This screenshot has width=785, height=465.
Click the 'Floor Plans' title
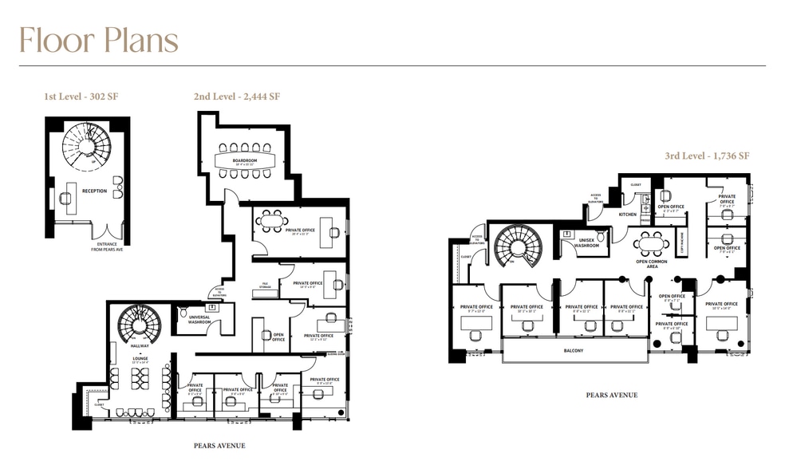(99, 40)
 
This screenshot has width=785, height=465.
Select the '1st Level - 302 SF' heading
(81, 97)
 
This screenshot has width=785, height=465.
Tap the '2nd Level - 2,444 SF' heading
(236, 97)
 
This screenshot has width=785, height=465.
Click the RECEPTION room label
(94, 191)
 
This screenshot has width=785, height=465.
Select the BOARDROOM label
(244, 160)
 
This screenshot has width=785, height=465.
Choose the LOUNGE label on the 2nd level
(131, 359)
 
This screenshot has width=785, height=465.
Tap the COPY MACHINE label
(684, 242)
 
